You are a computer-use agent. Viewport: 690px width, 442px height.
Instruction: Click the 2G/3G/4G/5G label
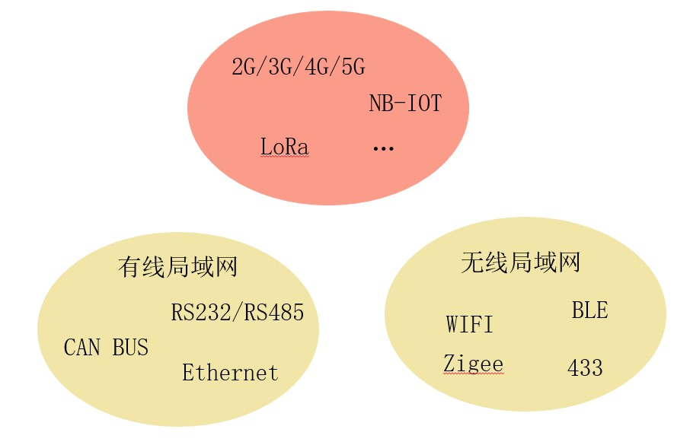(299, 67)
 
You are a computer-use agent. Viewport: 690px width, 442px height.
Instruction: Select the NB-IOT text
(405, 103)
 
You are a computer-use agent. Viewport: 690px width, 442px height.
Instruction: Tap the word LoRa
(284, 146)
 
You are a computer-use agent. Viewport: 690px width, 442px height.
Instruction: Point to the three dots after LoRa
(383, 148)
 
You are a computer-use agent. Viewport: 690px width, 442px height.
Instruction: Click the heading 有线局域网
(177, 267)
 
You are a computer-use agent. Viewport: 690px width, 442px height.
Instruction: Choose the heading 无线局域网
(521, 262)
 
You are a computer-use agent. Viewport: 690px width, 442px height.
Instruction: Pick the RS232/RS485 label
(237, 313)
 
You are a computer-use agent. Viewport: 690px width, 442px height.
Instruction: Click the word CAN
(81, 347)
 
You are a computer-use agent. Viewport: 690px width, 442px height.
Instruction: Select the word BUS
(130, 347)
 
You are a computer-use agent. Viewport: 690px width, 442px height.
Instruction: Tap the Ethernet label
(230, 373)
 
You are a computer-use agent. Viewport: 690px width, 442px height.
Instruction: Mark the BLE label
(589, 310)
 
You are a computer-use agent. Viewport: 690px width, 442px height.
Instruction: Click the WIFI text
(470, 324)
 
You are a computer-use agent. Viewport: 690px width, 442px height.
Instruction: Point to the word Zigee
(473, 364)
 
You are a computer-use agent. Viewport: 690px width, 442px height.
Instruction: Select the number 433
(585, 367)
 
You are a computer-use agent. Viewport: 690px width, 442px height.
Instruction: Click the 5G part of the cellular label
(353, 67)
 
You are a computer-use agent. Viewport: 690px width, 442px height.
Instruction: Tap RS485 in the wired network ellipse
(273, 313)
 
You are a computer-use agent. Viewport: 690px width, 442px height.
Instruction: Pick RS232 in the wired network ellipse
(200, 313)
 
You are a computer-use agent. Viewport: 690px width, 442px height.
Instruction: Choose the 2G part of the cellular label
(244, 67)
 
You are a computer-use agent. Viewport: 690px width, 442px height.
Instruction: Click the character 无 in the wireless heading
(472, 262)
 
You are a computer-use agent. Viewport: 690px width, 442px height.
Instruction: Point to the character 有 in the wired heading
(129, 267)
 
